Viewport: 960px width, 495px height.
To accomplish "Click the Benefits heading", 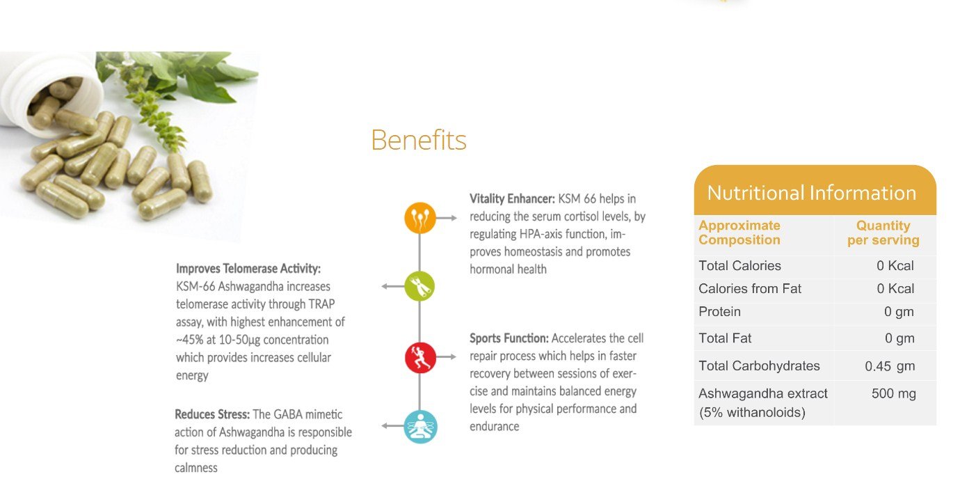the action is point(418,140).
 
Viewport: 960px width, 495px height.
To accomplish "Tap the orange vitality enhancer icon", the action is point(420,218).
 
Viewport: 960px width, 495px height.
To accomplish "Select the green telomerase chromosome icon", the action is point(419,286).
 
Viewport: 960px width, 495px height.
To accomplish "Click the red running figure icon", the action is point(420,357).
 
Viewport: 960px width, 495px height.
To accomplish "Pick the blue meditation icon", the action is point(420,427).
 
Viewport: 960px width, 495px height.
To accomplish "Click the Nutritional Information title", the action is point(811,193).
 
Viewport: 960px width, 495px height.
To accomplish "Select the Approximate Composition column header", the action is point(739,233).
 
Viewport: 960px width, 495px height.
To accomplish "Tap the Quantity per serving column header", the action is point(883,233).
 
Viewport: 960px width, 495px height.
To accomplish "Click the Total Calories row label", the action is point(739,265).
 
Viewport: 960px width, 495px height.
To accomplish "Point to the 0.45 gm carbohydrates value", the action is point(890,366).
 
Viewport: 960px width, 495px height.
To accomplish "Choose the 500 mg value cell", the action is point(894,393).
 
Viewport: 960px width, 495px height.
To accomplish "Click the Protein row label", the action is point(719,311).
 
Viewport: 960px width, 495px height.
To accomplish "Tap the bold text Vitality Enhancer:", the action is point(512,198).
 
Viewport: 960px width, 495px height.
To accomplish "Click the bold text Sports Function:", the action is point(509,338).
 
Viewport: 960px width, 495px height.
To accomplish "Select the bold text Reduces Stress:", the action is point(212,414).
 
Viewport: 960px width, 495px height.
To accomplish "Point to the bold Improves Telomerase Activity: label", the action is point(248,269).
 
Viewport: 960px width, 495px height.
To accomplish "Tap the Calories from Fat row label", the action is point(750,289).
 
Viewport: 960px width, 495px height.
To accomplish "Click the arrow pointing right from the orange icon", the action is point(447,218).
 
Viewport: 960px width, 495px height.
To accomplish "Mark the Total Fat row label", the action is point(725,338).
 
